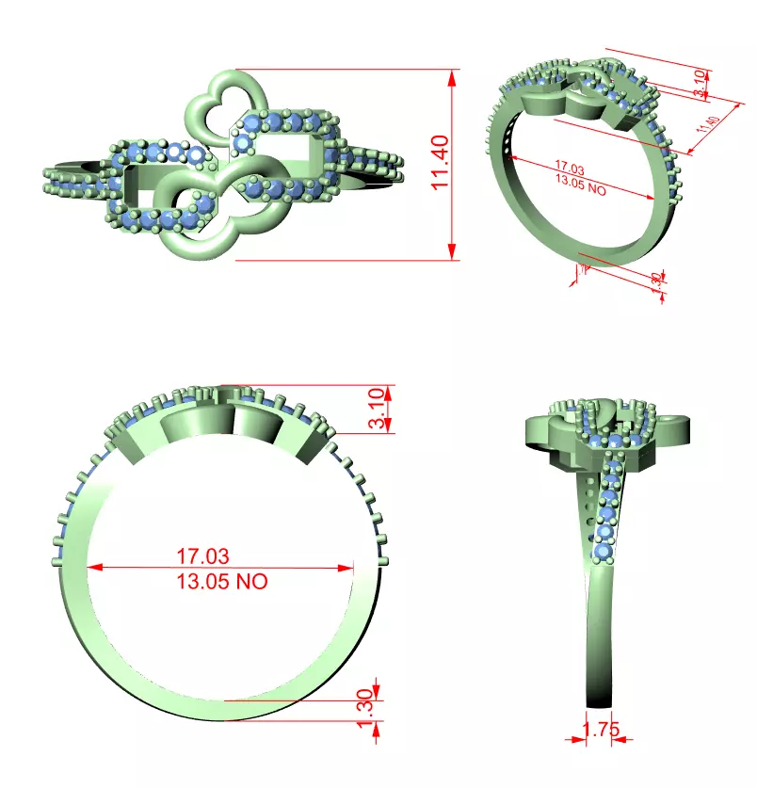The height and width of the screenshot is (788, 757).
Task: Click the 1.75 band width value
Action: [600, 730]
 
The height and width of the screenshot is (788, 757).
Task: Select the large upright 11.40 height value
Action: [441, 162]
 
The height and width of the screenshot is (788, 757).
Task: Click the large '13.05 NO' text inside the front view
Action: [222, 581]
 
